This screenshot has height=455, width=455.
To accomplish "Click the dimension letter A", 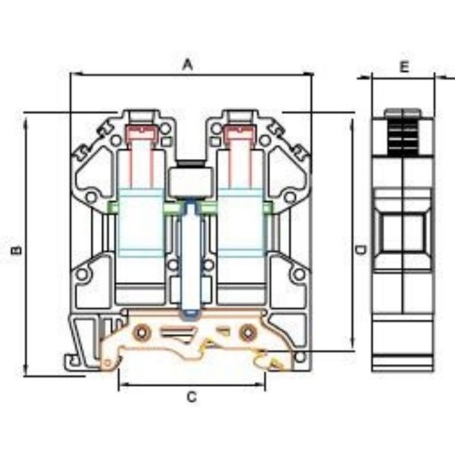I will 189,64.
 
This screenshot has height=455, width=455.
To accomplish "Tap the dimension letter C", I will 192,396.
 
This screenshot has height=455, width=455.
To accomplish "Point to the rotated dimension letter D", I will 360,248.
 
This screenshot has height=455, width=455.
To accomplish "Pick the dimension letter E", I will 404,66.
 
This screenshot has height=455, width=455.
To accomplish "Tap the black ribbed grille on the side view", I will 401,133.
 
